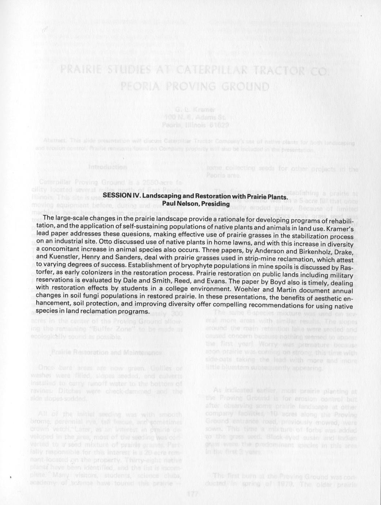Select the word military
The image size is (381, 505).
340,275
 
